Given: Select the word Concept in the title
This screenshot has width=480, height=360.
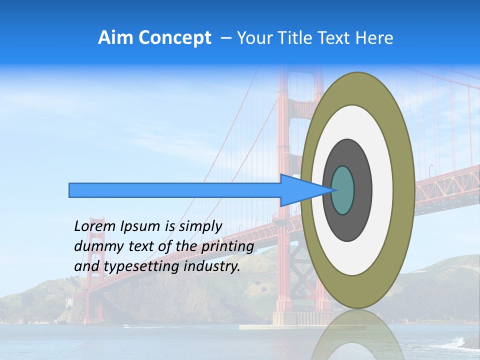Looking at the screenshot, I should click(174, 38).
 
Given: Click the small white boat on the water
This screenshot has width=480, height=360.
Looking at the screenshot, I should click(125, 326).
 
